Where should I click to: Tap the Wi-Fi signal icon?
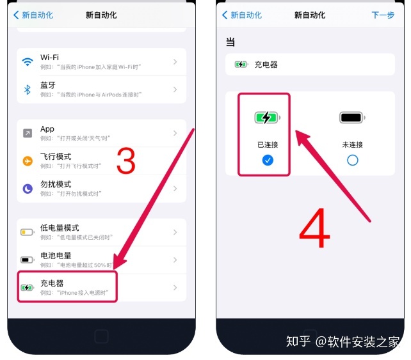[28, 62]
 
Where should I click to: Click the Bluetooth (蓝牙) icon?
[28, 90]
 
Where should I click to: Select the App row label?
[47, 129]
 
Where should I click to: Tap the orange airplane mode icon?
[28, 161]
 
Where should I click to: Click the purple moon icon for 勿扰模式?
[28, 189]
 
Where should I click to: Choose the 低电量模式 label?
[60, 228]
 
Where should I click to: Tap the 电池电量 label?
[56, 255]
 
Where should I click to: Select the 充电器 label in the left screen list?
[52, 283]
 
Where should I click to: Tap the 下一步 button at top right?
[383, 15]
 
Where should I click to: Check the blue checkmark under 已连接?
[268, 160]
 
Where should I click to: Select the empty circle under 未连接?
[352, 160]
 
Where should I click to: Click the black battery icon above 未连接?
[352, 118]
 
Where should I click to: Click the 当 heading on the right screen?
[230, 42]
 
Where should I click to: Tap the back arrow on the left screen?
[16, 15]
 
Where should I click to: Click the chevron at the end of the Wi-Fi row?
[175, 62]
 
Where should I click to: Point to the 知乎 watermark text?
[298, 341]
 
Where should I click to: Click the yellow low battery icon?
[28, 232]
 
